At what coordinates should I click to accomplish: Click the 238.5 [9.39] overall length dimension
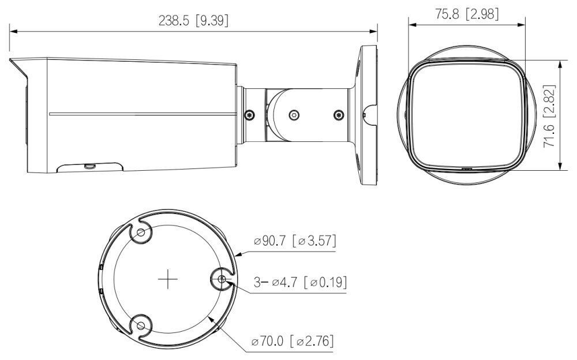[x=193, y=21]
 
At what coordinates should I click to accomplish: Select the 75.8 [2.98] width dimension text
[x=467, y=14]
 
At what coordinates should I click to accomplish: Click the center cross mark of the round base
[x=167, y=280]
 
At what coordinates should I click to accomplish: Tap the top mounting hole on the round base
[x=140, y=233]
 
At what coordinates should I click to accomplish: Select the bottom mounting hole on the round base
[x=140, y=327]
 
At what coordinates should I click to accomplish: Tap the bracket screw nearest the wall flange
[x=338, y=115]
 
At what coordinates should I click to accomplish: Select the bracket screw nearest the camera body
[x=250, y=114]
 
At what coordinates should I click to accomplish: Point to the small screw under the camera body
[x=89, y=166]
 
